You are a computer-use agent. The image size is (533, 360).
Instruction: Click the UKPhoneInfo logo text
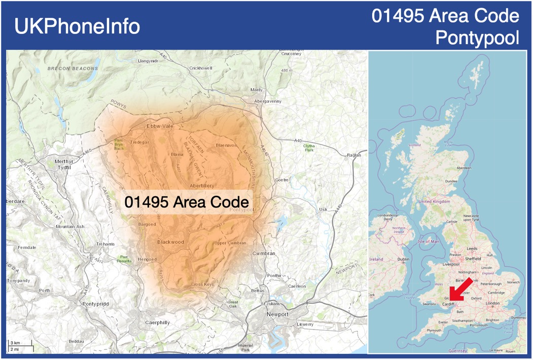click(x=77, y=26)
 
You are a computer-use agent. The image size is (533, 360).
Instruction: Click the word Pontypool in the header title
click(x=477, y=37)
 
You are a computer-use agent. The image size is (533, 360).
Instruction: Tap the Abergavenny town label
click(x=268, y=101)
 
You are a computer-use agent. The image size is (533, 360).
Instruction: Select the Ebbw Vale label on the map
click(x=160, y=126)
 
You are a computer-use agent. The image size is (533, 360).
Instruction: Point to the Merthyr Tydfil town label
click(x=64, y=164)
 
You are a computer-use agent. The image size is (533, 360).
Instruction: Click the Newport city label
click(x=277, y=314)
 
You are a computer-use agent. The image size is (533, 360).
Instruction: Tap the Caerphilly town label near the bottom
click(x=157, y=322)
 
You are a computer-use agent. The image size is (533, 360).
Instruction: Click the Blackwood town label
click(x=170, y=242)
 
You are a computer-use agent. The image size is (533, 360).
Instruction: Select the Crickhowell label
click(x=200, y=68)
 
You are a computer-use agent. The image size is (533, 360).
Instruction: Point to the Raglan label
click(x=353, y=155)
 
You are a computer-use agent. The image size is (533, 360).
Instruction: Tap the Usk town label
click(x=323, y=209)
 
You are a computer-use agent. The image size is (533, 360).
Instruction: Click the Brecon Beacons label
click(x=73, y=68)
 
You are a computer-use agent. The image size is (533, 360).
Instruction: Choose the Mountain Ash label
click(x=70, y=226)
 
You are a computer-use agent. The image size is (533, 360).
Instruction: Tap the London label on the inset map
click(x=492, y=303)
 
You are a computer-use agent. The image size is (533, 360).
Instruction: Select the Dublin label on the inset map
click(x=403, y=259)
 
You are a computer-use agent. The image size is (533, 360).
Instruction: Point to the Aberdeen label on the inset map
click(x=464, y=168)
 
